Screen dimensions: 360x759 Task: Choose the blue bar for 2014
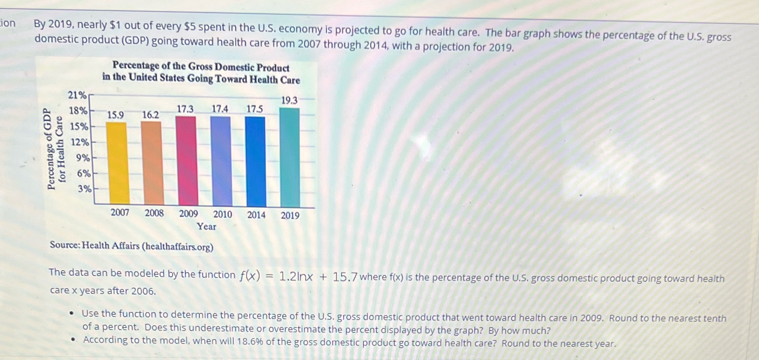255,161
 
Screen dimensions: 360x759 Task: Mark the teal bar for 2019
290,157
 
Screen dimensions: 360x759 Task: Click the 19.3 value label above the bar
289,101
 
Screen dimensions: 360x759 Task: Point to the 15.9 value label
115,115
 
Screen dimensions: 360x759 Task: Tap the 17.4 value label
220,109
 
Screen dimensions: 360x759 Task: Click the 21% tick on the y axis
77,95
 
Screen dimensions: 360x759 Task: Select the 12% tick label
80,142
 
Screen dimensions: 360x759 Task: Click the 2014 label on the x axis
256,215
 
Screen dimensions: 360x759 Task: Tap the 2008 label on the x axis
154,213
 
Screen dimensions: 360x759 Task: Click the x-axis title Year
206,226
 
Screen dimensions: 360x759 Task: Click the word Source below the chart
65,245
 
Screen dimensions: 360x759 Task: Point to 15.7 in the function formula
345,277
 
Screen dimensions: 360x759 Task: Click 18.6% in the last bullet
249,341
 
